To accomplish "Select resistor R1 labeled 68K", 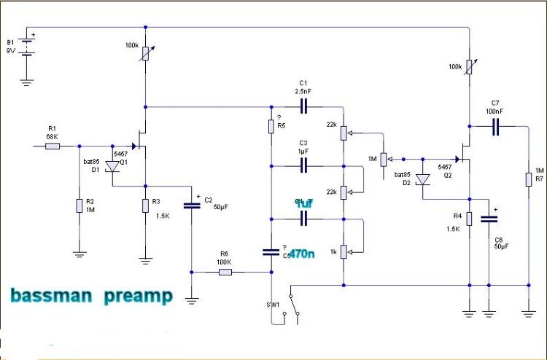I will (53, 146).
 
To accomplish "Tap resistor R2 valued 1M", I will (79, 206).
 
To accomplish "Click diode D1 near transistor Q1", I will (112, 167).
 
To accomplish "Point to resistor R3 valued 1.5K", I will (146, 206).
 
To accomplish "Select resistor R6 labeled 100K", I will (225, 273).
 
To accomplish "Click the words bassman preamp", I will (91, 296).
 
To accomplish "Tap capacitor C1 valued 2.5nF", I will (303, 106).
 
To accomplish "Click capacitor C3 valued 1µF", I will (303, 166).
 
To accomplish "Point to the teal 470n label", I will (301, 254).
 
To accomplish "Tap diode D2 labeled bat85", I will (422, 181).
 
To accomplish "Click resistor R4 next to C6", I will (469, 219).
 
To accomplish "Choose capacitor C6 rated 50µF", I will (489, 222).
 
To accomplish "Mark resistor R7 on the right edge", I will (527, 179).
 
